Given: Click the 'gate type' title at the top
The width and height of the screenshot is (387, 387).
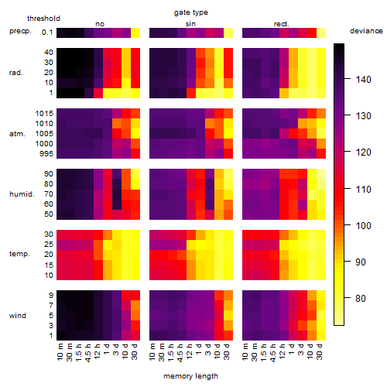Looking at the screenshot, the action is click(x=191, y=12).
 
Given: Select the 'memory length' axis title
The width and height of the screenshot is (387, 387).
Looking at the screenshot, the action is click(x=190, y=376).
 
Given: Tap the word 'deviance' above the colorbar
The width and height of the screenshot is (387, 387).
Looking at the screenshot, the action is click(x=366, y=31).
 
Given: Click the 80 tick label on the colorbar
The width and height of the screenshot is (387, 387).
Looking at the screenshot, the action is click(x=361, y=299).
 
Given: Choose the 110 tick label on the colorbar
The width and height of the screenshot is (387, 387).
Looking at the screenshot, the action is click(x=364, y=190).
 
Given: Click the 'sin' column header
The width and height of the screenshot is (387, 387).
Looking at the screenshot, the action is click(x=190, y=24).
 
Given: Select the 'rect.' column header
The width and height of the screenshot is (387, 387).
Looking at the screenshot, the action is click(x=282, y=24).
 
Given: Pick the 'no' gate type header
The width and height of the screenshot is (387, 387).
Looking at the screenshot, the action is click(x=100, y=24).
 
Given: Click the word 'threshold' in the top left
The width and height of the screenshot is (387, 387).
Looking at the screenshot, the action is click(x=43, y=19).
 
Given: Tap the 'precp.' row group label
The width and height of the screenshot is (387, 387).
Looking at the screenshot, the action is click(x=20, y=31).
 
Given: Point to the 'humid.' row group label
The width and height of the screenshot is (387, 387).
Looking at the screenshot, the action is click(x=22, y=194).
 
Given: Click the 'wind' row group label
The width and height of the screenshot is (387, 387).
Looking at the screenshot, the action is click(x=18, y=316).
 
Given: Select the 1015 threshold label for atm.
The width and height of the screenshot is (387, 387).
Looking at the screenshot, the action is click(x=44, y=114).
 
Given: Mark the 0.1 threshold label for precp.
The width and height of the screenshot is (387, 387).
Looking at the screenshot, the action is click(x=47, y=33).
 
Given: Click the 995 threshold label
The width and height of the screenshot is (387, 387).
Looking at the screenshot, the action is click(x=46, y=154).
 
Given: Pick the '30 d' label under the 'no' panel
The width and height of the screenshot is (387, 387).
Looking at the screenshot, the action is click(x=135, y=351).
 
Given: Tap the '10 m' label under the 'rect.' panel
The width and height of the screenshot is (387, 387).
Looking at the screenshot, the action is click(x=246, y=352).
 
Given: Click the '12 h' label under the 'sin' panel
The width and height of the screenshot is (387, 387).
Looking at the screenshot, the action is click(x=190, y=351).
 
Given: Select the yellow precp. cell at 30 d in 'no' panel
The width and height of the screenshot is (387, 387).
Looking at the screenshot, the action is click(x=135, y=33).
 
